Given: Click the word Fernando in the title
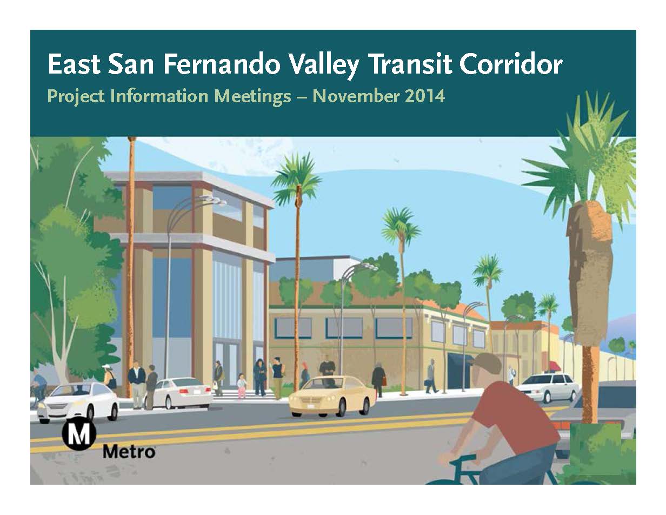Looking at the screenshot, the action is click(x=222, y=65).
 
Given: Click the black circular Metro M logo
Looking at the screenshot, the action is click(x=79, y=436).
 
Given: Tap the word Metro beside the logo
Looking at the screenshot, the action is click(x=129, y=452).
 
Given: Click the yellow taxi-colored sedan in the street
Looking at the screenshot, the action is click(x=332, y=397).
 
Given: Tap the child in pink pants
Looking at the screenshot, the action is click(x=242, y=386).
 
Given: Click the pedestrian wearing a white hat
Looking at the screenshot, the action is click(x=109, y=378).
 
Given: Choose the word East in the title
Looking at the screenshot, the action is click(x=74, y=65).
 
